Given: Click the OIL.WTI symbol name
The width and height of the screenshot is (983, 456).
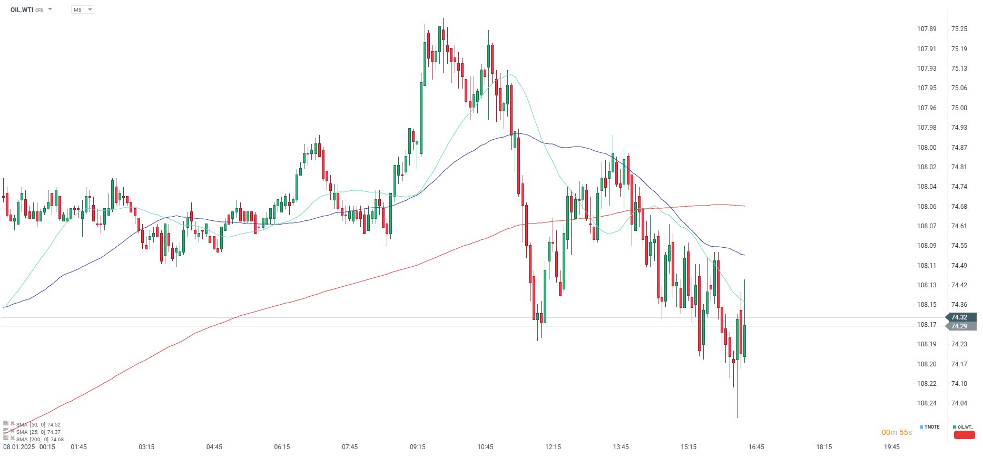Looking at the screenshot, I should [22, 10].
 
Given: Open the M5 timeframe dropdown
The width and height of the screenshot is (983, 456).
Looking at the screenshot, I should [83, 10].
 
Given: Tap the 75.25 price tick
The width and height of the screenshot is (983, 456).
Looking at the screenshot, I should [959, 29].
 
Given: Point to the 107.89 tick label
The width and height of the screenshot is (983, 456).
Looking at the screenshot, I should [927, 29].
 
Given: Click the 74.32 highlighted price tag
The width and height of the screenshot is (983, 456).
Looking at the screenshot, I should [959, 317].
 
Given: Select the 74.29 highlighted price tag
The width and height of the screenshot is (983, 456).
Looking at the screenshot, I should [959, 326].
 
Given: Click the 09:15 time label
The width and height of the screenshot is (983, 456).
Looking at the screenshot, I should [417, 447].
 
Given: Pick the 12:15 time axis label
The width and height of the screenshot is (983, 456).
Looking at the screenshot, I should [553, 447].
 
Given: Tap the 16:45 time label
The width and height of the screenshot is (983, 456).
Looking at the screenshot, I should [756, 447].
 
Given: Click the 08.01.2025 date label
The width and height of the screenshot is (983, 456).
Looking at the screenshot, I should [19, 447].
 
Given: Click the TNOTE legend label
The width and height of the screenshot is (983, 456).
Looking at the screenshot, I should [931, 427].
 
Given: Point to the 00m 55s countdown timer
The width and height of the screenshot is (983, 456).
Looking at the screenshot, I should [897, 433].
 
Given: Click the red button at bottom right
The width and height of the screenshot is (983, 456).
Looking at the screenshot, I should [964, 435].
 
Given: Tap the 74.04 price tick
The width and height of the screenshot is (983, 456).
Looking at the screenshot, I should [959, 403].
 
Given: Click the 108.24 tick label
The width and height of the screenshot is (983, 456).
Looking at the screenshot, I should [927, 403].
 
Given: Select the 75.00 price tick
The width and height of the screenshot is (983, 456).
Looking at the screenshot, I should [959, 108].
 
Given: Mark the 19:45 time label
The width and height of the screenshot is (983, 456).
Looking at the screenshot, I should [891, 447].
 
